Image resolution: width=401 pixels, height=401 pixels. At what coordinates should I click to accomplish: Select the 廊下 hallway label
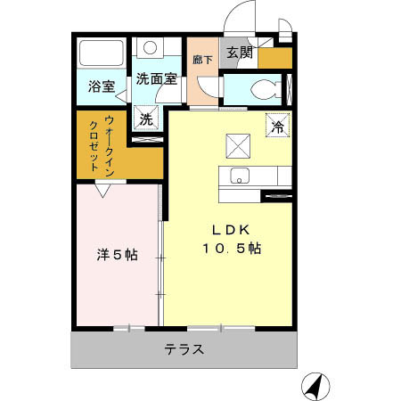(202, 60)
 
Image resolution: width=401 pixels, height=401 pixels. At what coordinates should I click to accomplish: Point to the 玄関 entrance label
(239, 53)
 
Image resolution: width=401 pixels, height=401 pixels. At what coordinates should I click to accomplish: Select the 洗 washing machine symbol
(146, 117)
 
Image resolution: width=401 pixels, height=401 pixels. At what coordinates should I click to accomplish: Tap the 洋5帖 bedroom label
(117, 255)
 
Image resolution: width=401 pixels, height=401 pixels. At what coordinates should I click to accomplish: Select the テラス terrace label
(184, 349)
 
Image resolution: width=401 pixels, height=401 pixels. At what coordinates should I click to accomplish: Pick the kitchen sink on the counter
(240, 175)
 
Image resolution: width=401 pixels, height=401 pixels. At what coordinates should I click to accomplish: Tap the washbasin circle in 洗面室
(151, 48)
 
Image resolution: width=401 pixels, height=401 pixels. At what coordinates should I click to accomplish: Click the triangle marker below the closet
(104, 189)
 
